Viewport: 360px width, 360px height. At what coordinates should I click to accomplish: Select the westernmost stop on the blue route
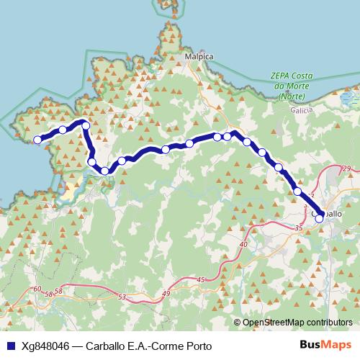[37, 140]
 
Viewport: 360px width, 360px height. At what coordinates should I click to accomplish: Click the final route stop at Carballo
[320, 218]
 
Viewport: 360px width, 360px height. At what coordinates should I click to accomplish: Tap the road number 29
[346, 168]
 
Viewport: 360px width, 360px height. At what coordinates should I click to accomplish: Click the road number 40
[243, 245]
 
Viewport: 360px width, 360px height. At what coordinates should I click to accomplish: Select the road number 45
[200, 279]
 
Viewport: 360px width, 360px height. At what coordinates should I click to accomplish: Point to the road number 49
[166, 294]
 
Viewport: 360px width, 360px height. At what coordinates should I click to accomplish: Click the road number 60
[37, 289]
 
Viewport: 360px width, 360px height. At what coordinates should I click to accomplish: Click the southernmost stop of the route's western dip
[105, 171]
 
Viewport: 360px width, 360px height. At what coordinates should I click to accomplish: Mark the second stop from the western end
[63, 130]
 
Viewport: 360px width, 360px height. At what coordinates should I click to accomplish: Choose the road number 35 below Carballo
[298, 228]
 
